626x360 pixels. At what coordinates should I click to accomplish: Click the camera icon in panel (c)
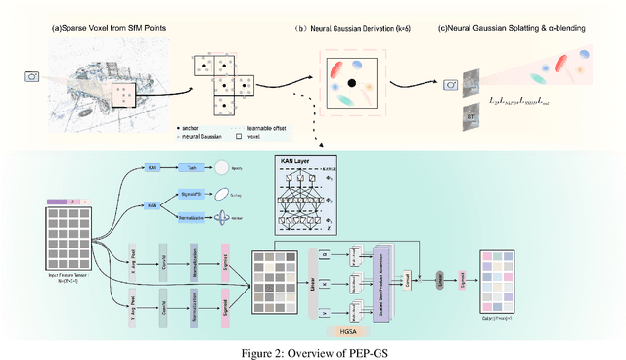(452, 86)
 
